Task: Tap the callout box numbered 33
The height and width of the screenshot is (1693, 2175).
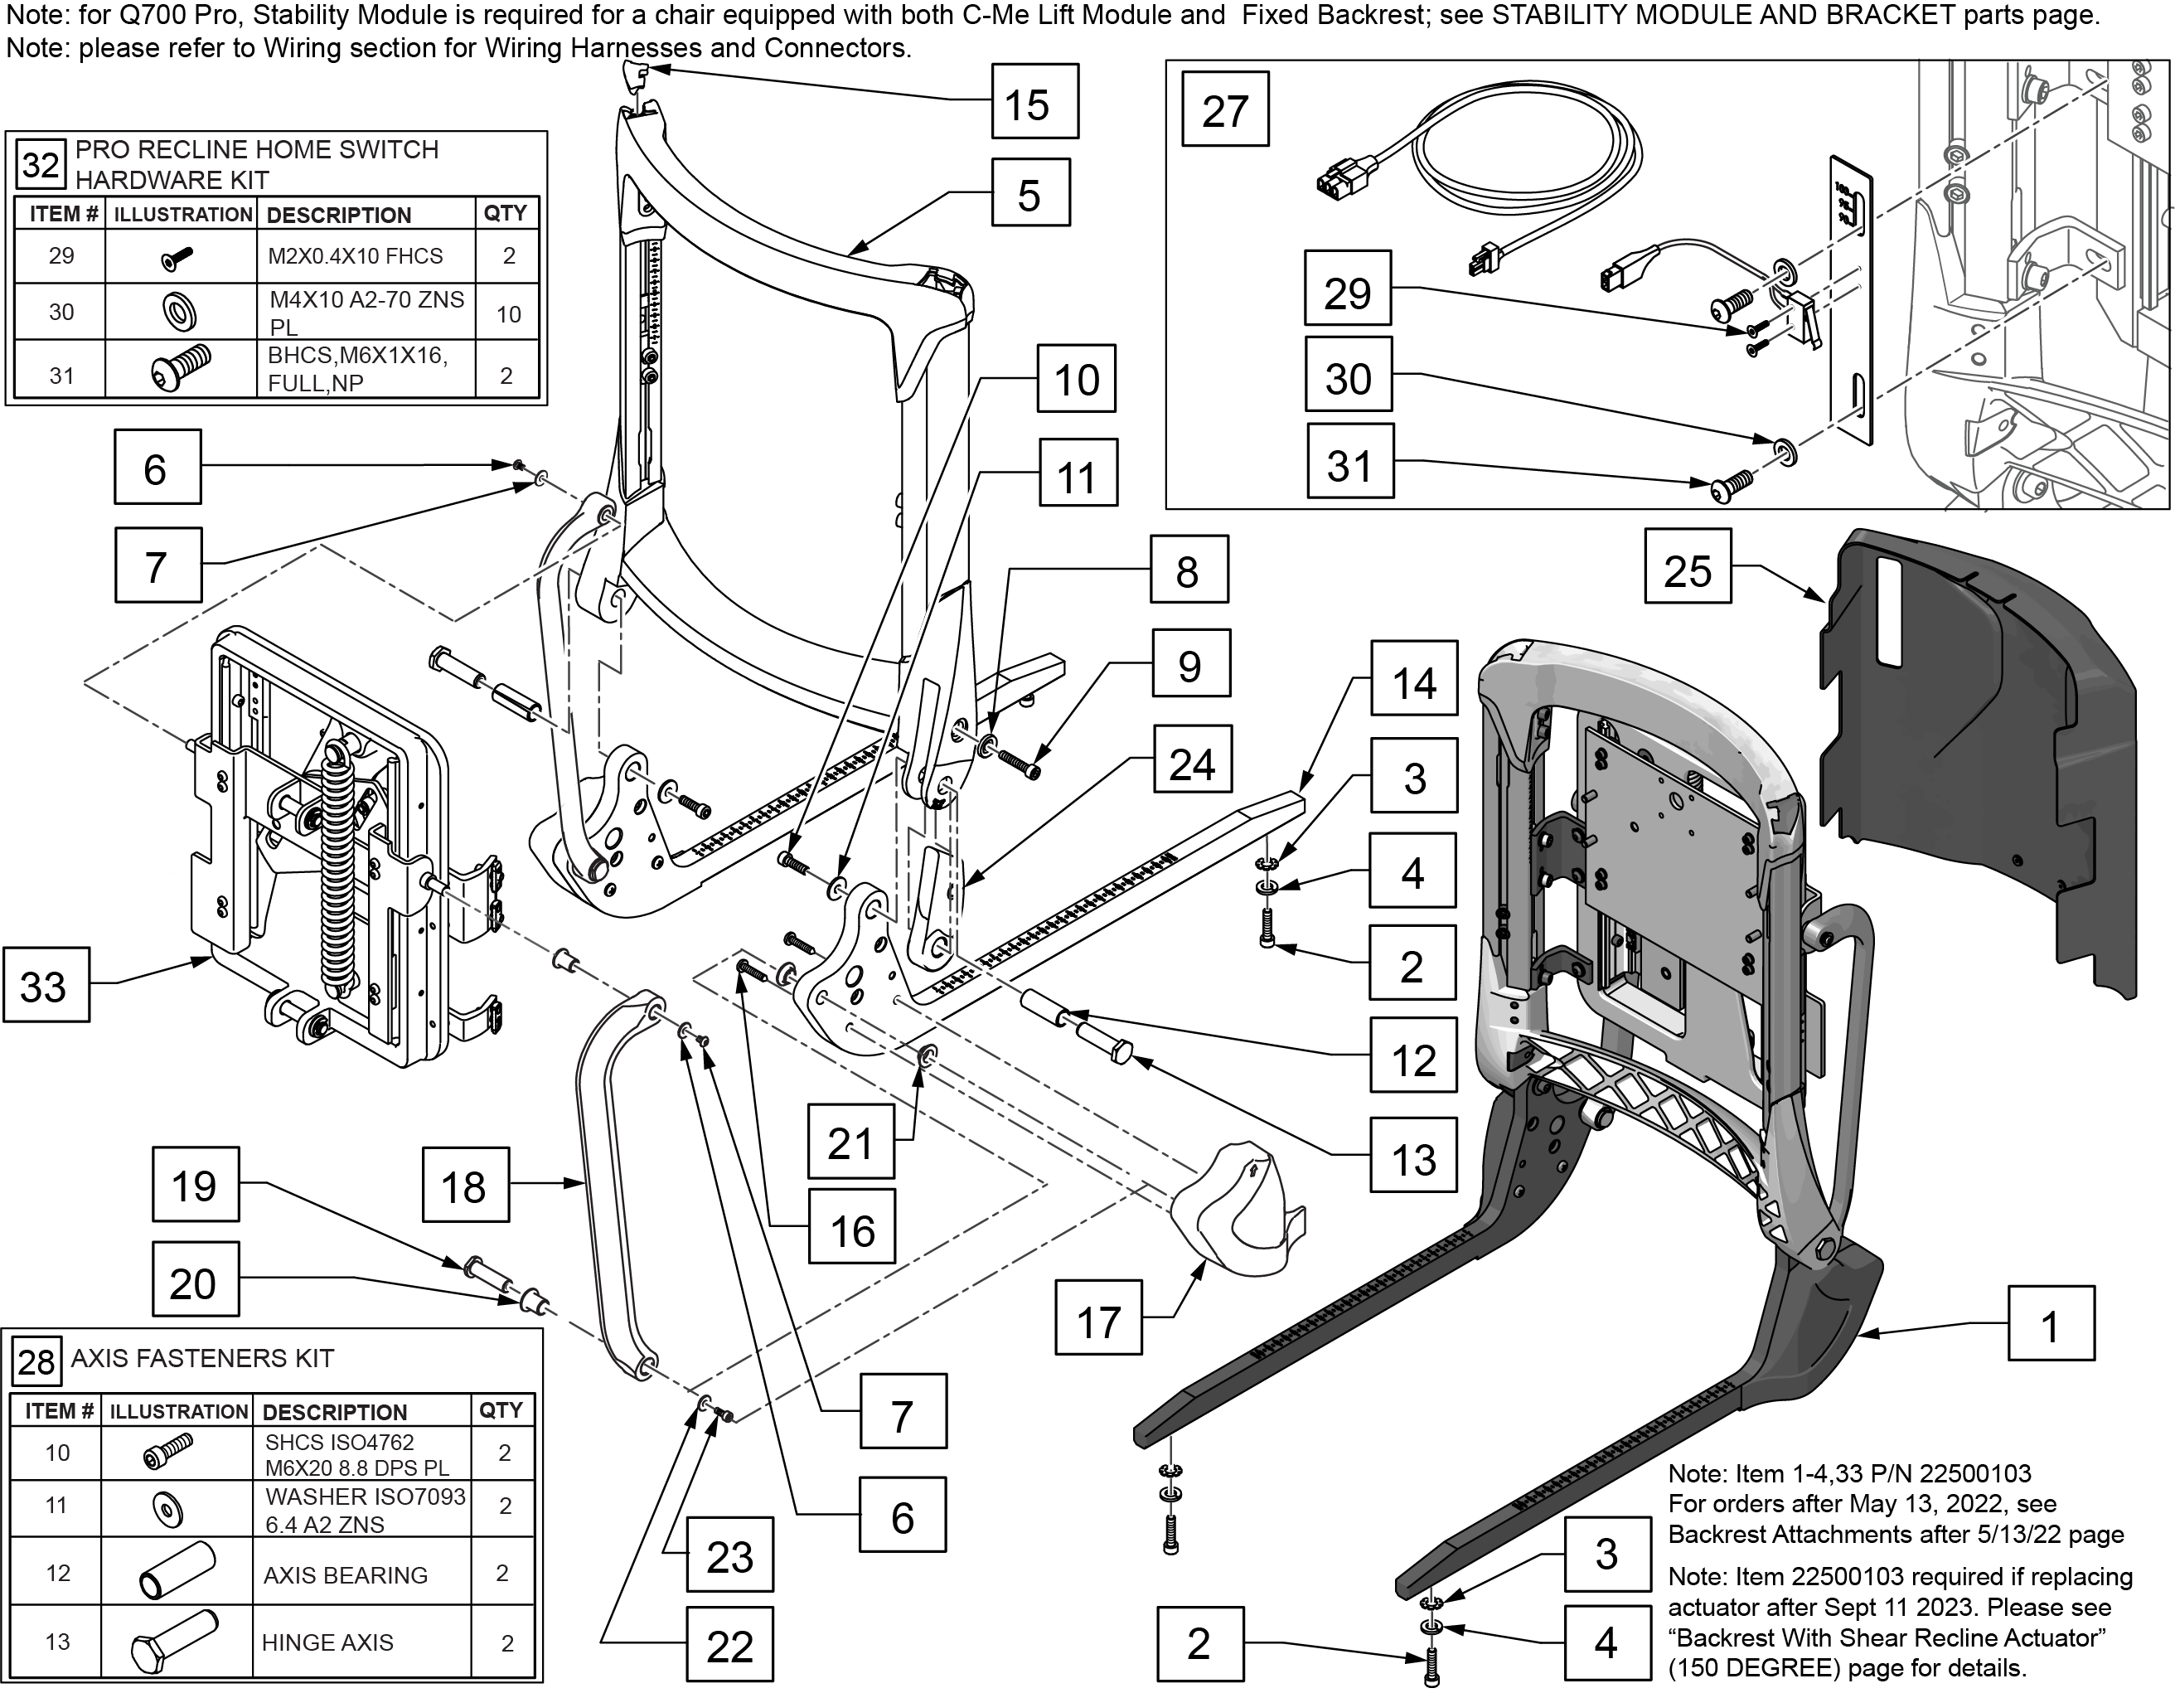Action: click(46, 985)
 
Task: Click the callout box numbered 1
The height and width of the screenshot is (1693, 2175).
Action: click(2051, 1323)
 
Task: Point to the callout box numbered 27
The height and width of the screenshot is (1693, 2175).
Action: click(1225, 109)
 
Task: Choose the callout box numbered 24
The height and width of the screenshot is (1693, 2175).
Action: click(1192, 763)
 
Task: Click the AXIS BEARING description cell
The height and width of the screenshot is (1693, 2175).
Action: click(345, 1575)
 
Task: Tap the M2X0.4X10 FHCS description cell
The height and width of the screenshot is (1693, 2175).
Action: click(355, 257)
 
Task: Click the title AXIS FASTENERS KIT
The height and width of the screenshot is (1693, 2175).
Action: click(202, 1358)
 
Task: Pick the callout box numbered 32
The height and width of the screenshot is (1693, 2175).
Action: click(40, 164)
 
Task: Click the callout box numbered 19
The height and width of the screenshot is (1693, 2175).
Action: click(195, 1184)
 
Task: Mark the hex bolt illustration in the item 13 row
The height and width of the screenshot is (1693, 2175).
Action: click(174, 1640)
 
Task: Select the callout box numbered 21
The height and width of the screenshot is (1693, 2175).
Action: click(850, 1142)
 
